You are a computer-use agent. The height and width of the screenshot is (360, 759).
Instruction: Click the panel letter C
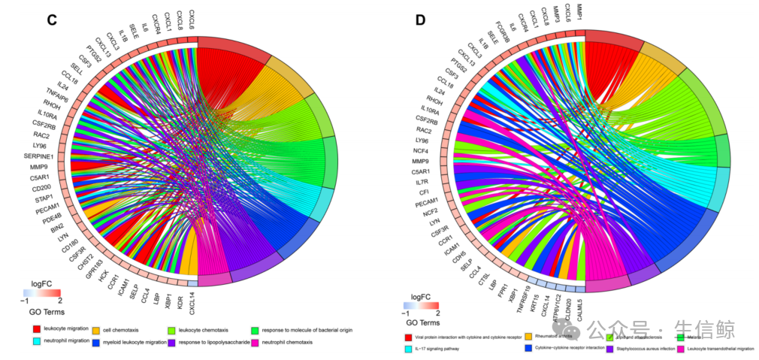(53, 20)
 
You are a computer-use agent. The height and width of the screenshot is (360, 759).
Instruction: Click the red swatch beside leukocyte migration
(36, 329)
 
